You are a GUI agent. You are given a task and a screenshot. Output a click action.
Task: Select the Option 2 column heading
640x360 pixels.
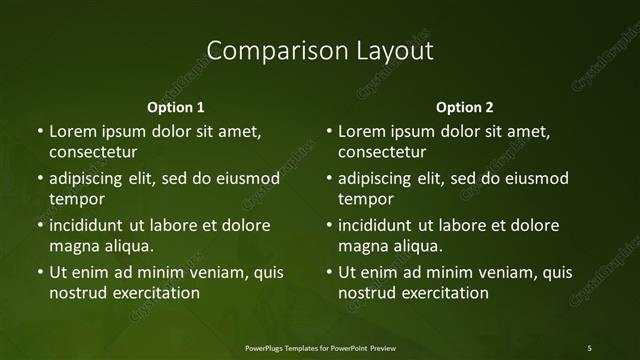465,107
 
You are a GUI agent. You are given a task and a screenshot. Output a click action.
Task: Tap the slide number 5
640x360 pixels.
590,347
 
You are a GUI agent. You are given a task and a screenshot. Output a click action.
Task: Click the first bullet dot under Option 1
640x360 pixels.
39,131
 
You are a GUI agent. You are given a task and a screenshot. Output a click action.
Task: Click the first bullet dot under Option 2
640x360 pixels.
329,131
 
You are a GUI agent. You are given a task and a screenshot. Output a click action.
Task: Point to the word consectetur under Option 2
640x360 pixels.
382,152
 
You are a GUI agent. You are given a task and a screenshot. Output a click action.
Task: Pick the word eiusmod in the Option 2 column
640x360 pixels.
534,178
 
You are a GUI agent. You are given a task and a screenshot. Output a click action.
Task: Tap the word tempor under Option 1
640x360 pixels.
77,199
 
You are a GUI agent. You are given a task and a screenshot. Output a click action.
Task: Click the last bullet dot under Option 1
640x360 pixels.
39,272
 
